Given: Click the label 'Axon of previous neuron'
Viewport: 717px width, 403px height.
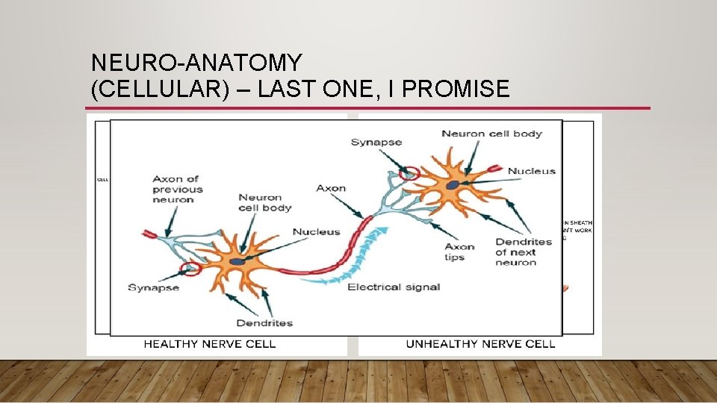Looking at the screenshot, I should (176, 190).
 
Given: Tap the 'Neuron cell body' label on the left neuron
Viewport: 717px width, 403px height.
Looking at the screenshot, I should (264, 202).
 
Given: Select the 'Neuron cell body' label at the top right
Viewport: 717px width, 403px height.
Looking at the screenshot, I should (491, 134).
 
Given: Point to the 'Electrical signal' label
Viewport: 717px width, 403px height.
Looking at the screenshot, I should (394, 287).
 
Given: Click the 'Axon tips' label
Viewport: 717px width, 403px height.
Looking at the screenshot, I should (459, 252).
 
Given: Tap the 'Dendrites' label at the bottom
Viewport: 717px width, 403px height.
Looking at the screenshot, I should (264, 322).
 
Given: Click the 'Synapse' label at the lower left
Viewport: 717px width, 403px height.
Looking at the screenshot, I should (153, 287).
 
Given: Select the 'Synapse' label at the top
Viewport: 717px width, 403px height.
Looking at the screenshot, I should (376, 142).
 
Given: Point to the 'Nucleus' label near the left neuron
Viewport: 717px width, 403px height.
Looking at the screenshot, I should (316, 232).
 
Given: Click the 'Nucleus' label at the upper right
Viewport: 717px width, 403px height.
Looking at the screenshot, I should (532, 171).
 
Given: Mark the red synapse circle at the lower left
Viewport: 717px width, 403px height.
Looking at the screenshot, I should (190, 267).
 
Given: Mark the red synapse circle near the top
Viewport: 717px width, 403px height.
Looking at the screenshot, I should (409, 174).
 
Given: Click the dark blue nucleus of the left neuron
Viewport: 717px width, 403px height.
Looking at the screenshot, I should (237, 261).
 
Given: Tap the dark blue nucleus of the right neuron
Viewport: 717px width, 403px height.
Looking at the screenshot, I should (453, 184).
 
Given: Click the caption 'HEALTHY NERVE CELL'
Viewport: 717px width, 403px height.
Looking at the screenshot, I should (209, 344).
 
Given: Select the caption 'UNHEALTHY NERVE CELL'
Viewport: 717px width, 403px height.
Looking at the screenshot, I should (480, 344).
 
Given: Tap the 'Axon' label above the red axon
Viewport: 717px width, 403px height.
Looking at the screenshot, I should (331, 188).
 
